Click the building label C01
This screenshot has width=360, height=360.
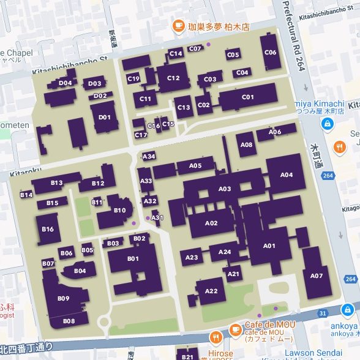pyautogui.click(x=248, y=97)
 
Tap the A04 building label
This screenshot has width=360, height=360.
pyautogui.click(x=286, y=174)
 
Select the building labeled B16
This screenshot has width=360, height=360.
pyautogui.click(x=48, y=229)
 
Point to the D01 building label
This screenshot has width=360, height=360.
pyautogui.click(x=105, y=117)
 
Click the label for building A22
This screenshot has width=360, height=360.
pyautogui.click(x=211, y=290)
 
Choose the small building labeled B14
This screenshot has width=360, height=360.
pyautogui.click(x=26, y=195)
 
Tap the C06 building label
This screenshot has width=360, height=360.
pyautogui.click(x=270, y=53)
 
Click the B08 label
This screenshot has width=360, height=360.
pyautogui.click(x=69, y=321)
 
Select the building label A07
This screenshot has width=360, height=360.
pyautogui.click(x=316, y=276)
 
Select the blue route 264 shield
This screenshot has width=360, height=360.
pyautogui.click(x=328, y=176)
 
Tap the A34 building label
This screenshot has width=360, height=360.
pyautogui.click(x=149, y=156)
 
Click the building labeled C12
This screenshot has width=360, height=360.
pyautogui.click(x=173, y=78)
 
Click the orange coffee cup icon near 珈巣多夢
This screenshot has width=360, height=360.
pyautogui.click(x=178, y=26)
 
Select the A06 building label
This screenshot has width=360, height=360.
pyautogui.click(x=275, y=132)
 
